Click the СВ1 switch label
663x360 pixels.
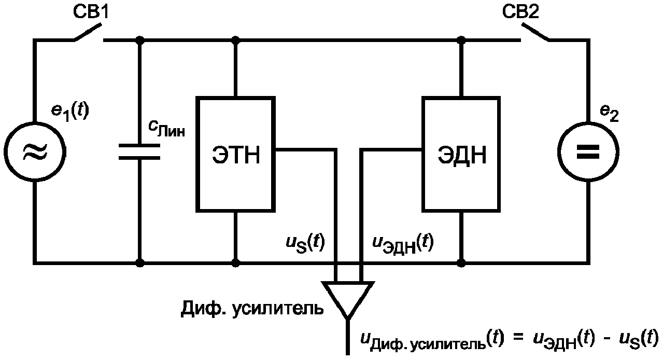click(91, 12)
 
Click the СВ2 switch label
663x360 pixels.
click(520, 12)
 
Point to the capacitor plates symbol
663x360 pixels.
click(139, 151)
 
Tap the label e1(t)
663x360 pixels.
click(70, 112)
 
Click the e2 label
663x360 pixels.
click(609, 113)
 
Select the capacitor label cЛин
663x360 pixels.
click(166, 129)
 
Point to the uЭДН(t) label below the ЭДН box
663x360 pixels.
click(403, 244)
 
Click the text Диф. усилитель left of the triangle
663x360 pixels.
click(252, 309)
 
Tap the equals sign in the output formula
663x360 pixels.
click(518, 339)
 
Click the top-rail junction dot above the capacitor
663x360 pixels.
click(140, 40)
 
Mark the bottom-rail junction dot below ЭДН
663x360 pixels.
click(461, 262)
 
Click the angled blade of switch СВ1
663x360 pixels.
click(88, 32)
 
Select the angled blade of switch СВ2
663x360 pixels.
click(535, 32)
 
